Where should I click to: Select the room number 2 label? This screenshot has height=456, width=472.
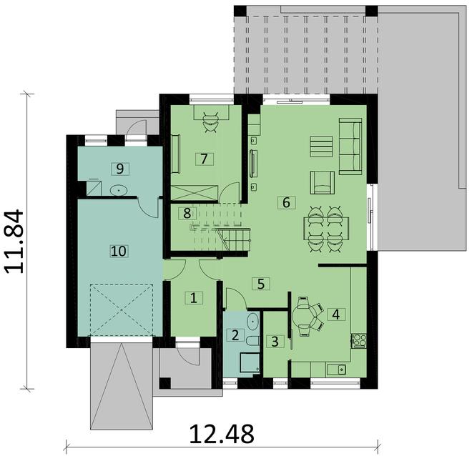pyautogui.click(x=235, y=334)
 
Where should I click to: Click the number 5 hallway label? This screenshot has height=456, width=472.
pyautogui.click(x=261, y=283)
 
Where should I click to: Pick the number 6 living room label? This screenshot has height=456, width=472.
pyautogui.click(x=286, y=202)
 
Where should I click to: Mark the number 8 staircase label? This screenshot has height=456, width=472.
pyautogui.click(x=187, y=212)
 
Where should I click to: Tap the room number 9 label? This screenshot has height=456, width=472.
pyautogui.click(x=120, y=168)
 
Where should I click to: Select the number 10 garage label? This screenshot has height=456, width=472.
pyautogui.click(x=119, y=250)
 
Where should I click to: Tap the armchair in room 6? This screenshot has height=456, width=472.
pyautogui.click(x=322, y=182)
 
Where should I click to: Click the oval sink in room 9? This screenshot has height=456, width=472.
pyautogui.click(x=119, y=190)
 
